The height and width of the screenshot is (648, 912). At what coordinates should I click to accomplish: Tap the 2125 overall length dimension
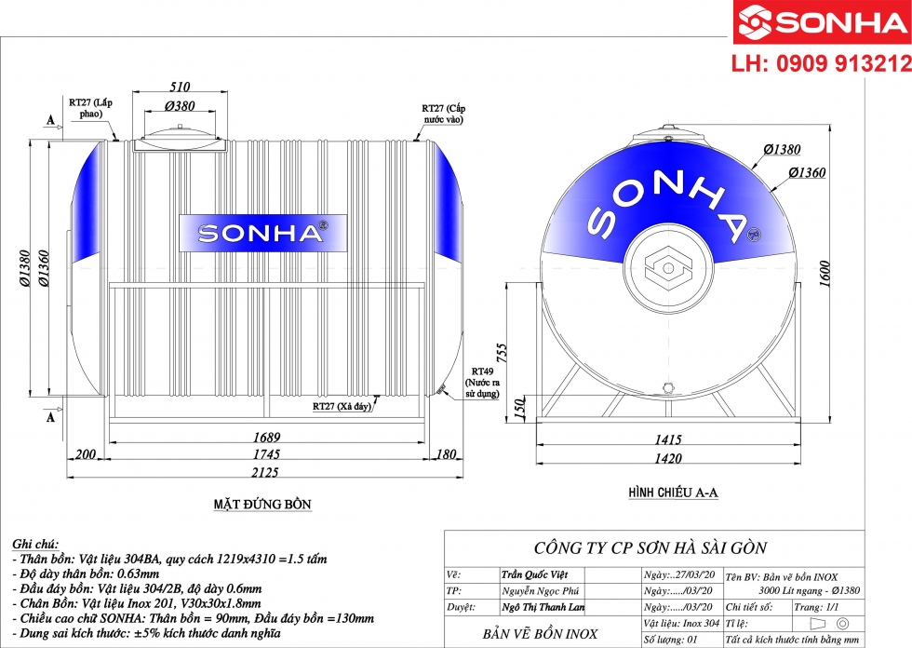tap(267, 471)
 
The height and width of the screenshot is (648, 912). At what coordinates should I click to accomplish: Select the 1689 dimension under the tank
tap(266, 437)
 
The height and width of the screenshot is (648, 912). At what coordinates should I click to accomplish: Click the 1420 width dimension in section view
tap(666, 458)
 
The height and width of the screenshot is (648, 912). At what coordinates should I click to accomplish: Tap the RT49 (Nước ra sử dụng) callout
tap(485, 382)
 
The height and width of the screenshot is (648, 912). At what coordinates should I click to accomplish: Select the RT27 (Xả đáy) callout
tap(342, 407)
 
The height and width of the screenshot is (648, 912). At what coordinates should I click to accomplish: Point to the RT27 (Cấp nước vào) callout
tap(444, 114)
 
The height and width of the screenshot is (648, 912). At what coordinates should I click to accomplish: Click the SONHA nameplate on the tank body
tap(260, 233)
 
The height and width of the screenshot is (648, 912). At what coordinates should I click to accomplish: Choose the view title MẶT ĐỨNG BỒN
tap(262, 505)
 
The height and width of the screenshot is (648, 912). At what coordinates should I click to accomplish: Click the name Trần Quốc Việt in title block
tap(533, 575)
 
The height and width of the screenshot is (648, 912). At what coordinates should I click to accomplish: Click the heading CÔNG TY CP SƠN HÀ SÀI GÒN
tap(650, 547)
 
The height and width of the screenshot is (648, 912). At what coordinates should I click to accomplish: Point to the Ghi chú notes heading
tap(36, 543)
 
